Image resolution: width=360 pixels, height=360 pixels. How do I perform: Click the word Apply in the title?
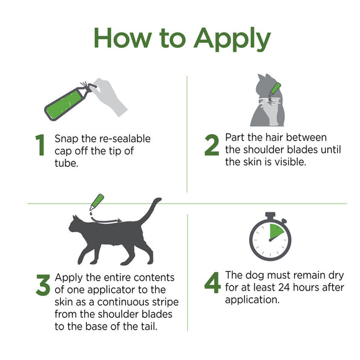coord(232,40)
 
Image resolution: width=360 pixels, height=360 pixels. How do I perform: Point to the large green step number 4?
coord(212,284)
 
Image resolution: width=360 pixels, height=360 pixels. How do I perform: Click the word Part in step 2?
coord(236,137)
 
